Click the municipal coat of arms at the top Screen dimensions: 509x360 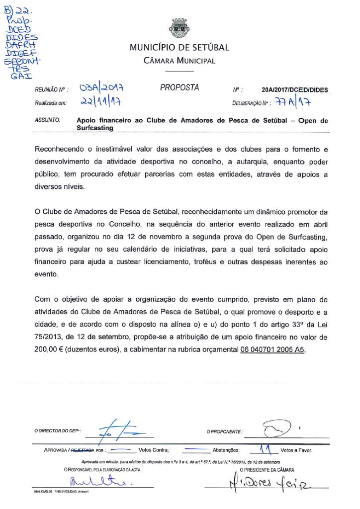(180, 28)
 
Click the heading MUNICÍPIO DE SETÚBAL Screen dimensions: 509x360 (180, 48)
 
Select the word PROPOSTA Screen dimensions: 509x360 (180, 88)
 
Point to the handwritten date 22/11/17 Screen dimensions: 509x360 (102, 103)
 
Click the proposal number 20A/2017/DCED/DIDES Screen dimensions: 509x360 (294, 90)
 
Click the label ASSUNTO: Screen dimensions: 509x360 (47, 120)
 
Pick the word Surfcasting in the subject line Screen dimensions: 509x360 (95, 128)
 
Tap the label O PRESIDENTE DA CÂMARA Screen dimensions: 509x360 (267, 469)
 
